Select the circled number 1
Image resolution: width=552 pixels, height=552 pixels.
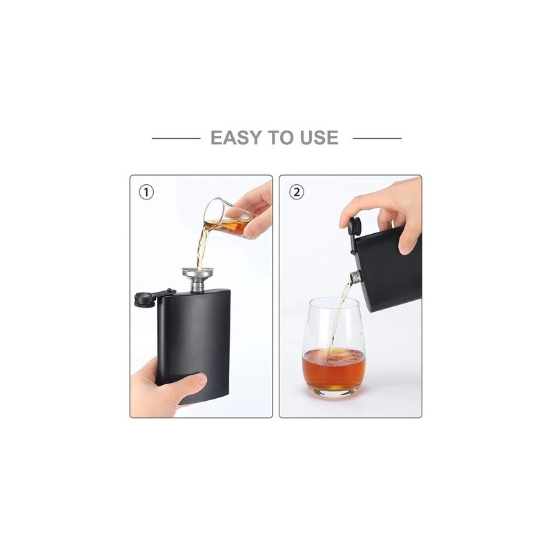pyautogui.click(x=146, y=193)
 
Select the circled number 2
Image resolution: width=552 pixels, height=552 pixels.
pyautogui.click(x=296, y=193)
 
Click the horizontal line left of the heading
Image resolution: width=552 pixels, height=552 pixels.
pyautogui.click(x=175, y=138)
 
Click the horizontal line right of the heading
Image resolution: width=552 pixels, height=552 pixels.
pyautogui.click(x=377, y=138)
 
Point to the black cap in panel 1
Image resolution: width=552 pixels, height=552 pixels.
pyautogui.click(x=142, y=298)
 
